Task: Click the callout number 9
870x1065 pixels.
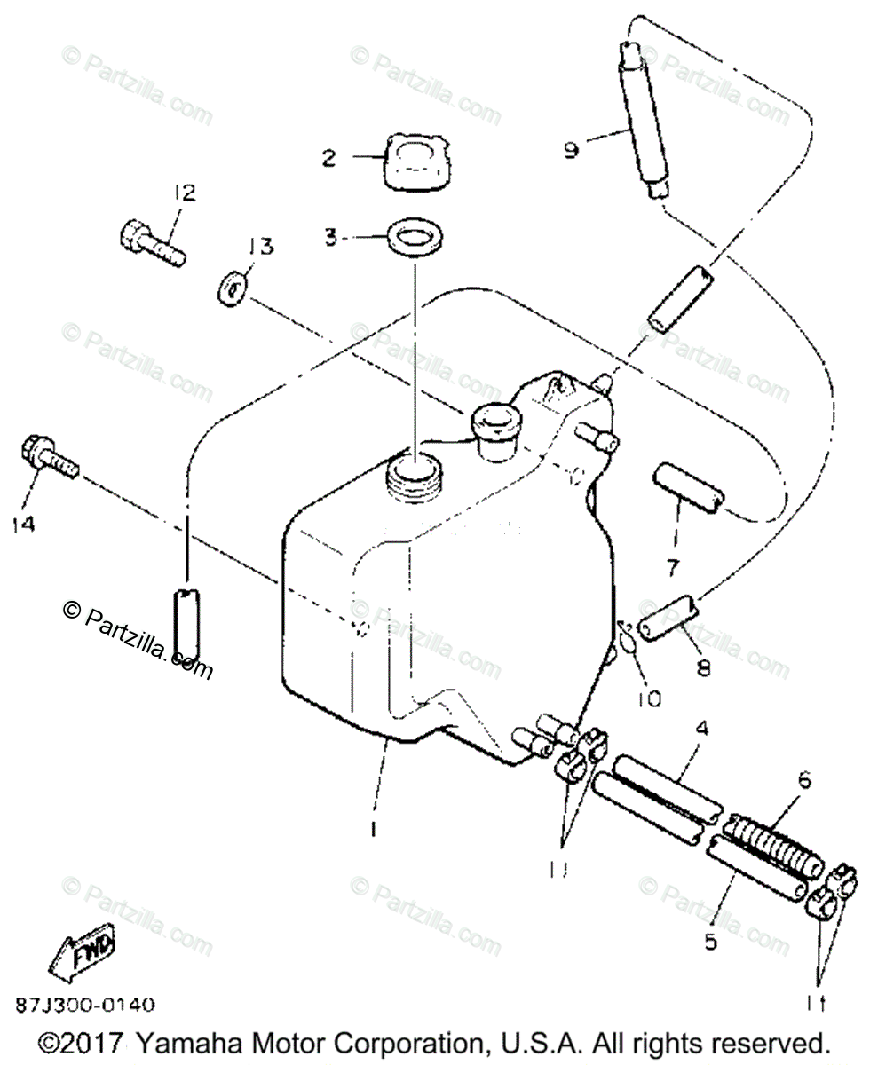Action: click(571, 149)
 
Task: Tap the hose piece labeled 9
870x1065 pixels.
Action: click(643, 124)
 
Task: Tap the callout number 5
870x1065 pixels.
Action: click(711, 942)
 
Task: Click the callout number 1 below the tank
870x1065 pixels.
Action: click(374, 829)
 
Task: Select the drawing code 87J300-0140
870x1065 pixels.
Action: click(85, 1006)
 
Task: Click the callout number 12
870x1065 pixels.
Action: click(185, 192)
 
